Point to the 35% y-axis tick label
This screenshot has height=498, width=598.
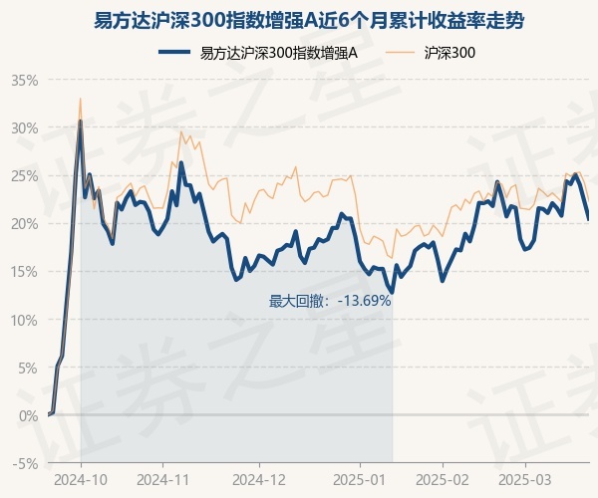click(25, 80)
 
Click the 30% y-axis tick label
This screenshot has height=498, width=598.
click(25, 127)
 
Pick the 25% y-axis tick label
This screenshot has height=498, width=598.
click(25, 175)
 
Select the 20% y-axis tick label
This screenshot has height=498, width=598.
click(25, 223)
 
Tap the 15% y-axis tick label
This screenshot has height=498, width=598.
click(25, 271)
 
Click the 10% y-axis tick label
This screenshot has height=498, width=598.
click(25, 320)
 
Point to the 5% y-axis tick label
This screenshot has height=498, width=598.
click(28, 368)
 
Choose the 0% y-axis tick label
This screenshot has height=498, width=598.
click(28, 415)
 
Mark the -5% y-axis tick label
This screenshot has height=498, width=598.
click(26, 463)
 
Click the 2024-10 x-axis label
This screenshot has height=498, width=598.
click(81, 479)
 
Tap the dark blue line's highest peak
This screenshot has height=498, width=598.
click(81, 121)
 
